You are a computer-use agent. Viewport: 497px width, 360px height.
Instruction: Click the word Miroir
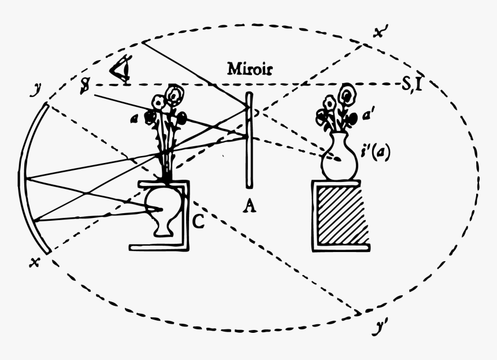[250, 70]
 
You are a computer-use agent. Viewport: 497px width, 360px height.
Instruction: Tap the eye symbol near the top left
[121, 70]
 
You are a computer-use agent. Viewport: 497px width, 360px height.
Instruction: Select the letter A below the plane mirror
[250, 206]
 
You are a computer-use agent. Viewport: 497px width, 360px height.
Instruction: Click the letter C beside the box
[197, 223]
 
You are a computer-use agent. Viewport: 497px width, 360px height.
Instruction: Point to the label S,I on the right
[414, 86]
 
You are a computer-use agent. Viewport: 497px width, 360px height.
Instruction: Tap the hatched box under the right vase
[340, 215]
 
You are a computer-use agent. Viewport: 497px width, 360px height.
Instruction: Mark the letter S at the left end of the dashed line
[86, 86]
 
